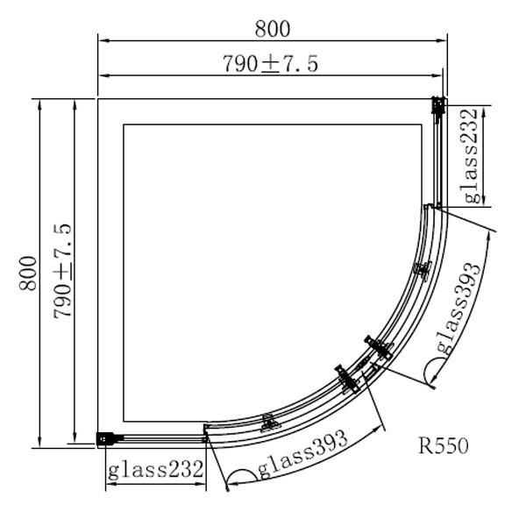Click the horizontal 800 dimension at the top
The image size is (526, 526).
pos(273,29)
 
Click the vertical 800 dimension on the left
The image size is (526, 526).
pos(28,274)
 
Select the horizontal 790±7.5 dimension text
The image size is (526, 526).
pos(270,64)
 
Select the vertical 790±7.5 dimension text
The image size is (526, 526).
pos(62,271)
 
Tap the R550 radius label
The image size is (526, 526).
pos(443,446)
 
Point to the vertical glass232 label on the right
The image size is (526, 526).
pos(471,156)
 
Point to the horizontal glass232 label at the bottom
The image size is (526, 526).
pos(156,469)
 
